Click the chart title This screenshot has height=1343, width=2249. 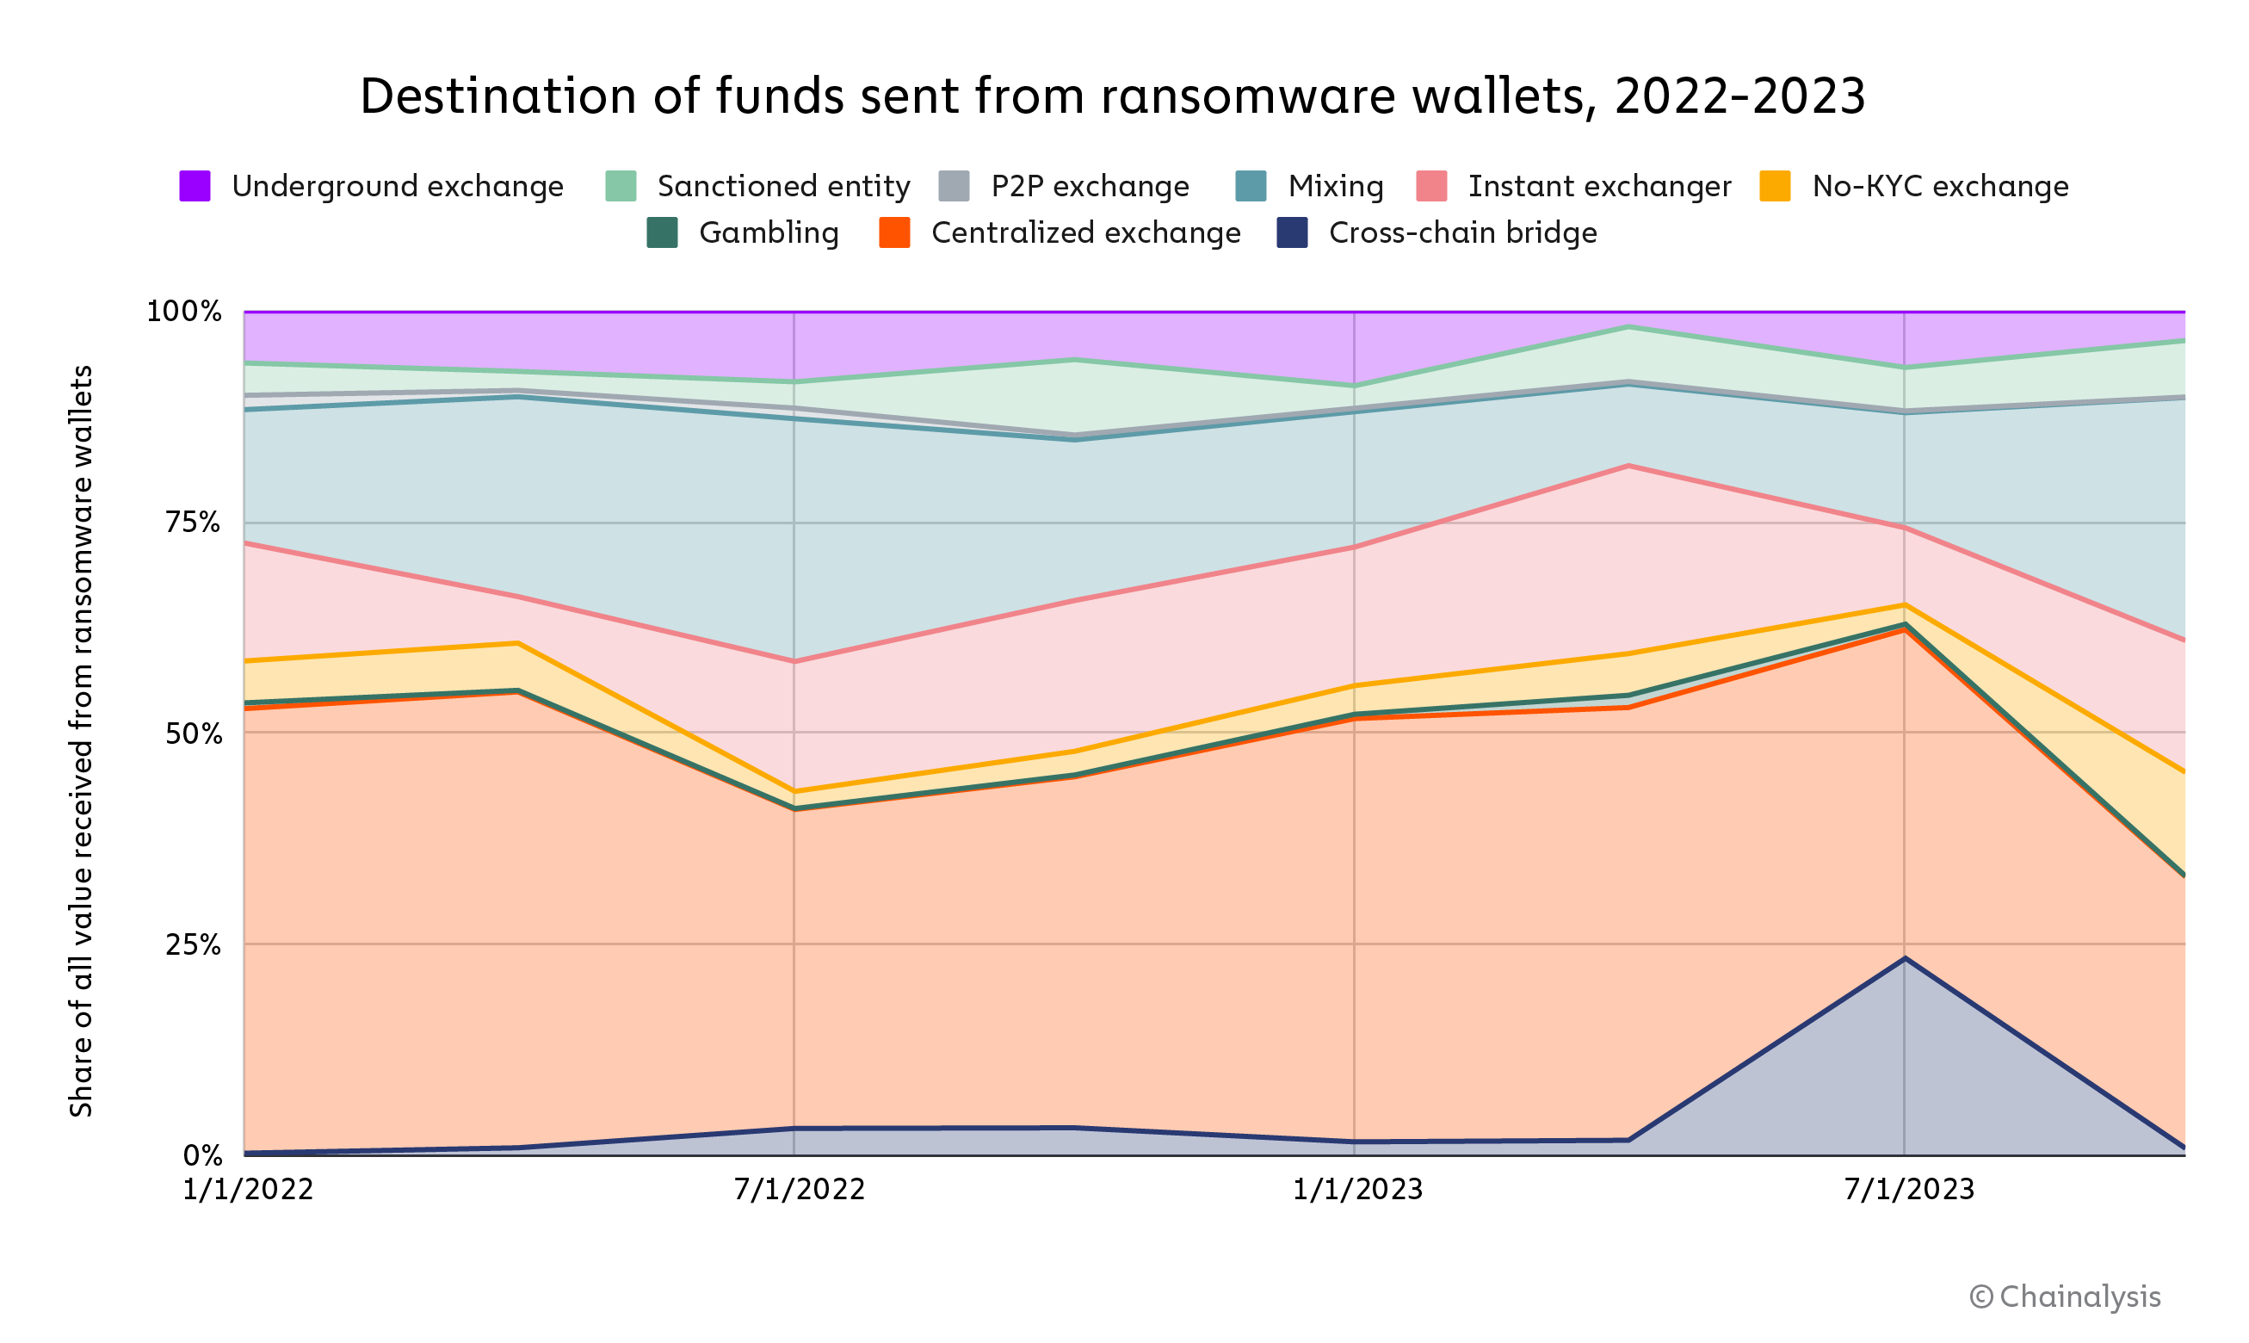(1112, 96)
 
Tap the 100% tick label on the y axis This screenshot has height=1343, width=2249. (183, 312)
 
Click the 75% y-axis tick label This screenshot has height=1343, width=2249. (193, 523)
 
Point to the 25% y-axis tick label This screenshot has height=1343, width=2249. (193, 944)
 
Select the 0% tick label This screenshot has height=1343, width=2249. (202, 1154)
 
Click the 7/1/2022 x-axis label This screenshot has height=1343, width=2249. (799, 1189)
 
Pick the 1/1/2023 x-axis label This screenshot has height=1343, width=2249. (1357, 1189)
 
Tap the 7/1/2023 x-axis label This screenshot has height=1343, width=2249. (1909, 1189)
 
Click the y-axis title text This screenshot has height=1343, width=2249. (82, 740)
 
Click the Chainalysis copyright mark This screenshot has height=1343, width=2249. (2065, 1296)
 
